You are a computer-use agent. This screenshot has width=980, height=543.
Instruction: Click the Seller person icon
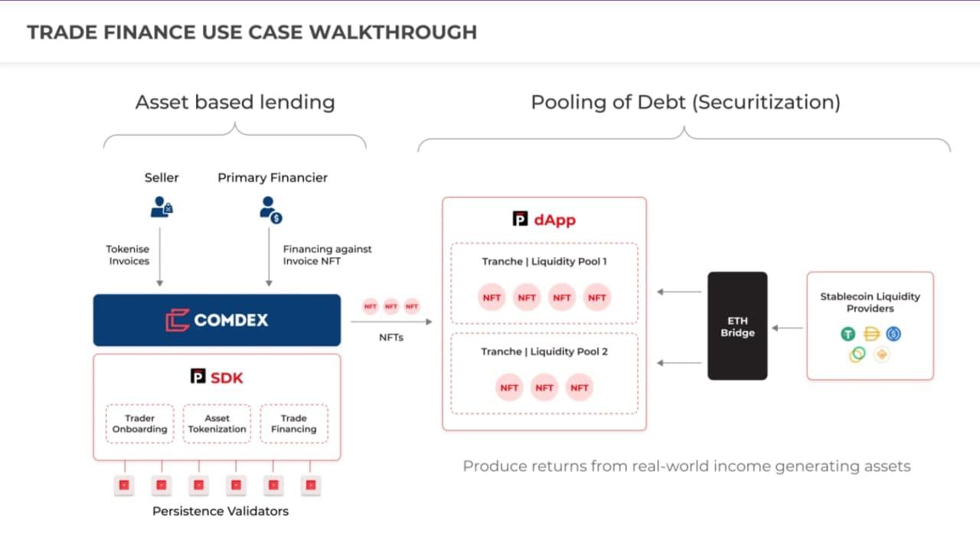click(x=162, y=207)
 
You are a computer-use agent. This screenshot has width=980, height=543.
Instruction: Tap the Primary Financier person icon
click(x=271, y=210)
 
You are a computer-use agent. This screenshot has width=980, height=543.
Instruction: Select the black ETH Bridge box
click(x=737, y=326)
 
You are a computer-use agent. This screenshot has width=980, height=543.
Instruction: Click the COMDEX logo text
click(x=230, y=320)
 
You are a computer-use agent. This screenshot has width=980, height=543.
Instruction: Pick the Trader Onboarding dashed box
click(x=139, y=424)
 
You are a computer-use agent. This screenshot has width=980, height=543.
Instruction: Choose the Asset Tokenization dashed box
click(x=217, y=424)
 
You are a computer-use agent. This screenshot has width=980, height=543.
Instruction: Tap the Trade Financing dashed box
click(x=294, y=424)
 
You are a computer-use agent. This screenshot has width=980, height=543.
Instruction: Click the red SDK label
click(x=227, y=378)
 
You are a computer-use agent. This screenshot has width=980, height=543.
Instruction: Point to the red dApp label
click(x=555, y=220)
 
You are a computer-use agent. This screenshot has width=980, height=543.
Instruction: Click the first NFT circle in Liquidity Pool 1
click(x=492, y=297)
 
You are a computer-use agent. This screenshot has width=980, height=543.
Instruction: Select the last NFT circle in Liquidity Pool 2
click(x=580, y=388)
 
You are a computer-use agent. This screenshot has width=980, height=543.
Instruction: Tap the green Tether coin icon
click(x=848, y=334)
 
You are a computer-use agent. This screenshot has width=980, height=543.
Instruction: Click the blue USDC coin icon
click(x=893, y=334)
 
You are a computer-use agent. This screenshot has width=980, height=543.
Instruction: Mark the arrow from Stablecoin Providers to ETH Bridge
click(x=787, y=328)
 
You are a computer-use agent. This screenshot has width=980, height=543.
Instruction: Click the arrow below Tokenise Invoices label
click(x=160, y=257)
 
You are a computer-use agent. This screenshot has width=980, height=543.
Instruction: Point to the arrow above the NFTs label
click(x=391, y=322)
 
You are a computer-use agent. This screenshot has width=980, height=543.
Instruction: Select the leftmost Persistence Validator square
click(x=124, y=485)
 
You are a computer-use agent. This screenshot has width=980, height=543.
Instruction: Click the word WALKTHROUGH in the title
click(x=393, y=32)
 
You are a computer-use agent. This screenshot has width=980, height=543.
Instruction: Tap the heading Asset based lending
click(x=235, y=103)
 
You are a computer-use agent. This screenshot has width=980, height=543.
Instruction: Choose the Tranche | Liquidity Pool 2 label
click(x=544, y=352)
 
